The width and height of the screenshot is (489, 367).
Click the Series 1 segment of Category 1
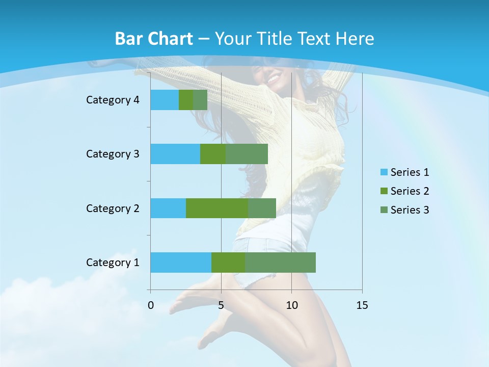click(x=181, y=263)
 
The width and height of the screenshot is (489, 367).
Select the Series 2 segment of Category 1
click(x=228, y=263)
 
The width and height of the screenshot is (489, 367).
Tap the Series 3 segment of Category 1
click(x=280, y=263)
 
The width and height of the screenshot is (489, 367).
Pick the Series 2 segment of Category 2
click(x=217, y=208)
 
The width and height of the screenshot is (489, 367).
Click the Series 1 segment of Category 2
click(x=168, y=208)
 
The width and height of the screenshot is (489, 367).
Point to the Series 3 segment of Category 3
click(x=247, y=154)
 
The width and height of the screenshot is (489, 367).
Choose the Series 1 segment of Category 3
click(x=175, y=154)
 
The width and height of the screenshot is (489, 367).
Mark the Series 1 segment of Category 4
click(x=165, y=100)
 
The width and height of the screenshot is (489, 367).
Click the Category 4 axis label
click(x=113, y=100)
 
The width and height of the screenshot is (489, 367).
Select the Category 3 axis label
click(x=113, y=154)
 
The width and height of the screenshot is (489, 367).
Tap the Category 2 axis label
click(x=113, y=208)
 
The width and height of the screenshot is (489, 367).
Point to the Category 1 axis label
click(x=113, y=263)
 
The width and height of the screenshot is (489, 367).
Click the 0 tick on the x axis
click(x=151, y=305)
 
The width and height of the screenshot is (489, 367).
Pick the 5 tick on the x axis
click(x=221, y=305)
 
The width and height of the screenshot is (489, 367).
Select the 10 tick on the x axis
click(x=291, y=305)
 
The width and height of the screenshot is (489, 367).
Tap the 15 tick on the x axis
click(x=362, y=305)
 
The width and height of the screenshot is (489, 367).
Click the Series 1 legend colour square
click(x=384, y=172)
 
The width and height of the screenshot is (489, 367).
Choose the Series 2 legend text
click(x=410, y=191)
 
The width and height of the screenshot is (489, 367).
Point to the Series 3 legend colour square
click(x=384, y=210)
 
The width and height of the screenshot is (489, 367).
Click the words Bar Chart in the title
click(x=154, y=39)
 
